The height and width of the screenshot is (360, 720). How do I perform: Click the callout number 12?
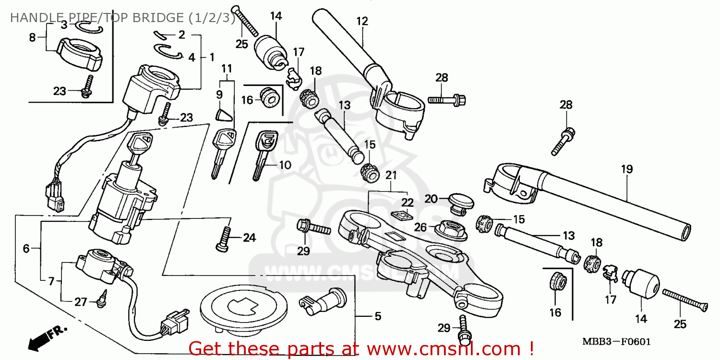coord(362,21)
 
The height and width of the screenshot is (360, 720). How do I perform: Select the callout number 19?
coord(627,169)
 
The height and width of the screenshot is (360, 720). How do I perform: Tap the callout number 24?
coord(250,238)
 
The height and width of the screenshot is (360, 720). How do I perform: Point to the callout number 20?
coord(431,199)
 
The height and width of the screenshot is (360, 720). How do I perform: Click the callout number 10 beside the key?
coord(285,165)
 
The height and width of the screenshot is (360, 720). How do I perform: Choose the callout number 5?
coord(378,316)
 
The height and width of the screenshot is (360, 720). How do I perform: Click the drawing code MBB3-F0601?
coord(616,342)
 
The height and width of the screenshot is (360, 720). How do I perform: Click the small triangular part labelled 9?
coord(221,116)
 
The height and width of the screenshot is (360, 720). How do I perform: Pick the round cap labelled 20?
coord(459,201)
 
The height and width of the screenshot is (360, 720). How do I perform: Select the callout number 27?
coord(81,302)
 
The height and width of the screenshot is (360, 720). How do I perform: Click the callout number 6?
coord(26,248)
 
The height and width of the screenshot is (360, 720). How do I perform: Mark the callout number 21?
coord(392,175)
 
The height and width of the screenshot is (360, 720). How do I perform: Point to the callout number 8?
coord(33,37)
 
